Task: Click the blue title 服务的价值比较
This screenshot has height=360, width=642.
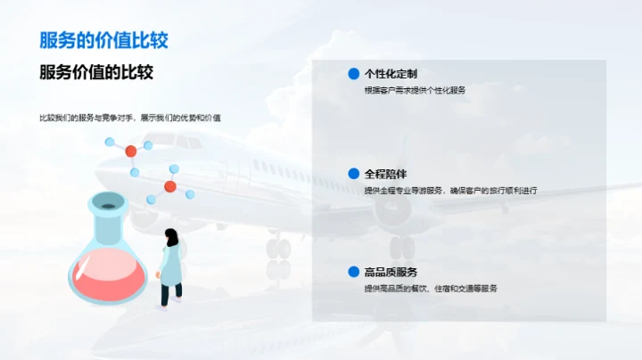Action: click(103, 40)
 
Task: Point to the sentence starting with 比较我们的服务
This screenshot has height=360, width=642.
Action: click(130, 119)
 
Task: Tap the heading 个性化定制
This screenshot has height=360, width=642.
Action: click(391, 74)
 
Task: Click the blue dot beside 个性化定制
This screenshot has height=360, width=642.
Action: click(353, 74)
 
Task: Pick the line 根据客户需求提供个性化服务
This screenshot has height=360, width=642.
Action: click(415, 90)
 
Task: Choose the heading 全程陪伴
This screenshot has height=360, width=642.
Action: click(385, 174)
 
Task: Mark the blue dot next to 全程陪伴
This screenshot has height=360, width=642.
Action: click(353, 174)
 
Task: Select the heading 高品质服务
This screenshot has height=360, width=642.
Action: click(391, 272)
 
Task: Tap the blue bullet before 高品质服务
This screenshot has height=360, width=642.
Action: click(353, 272)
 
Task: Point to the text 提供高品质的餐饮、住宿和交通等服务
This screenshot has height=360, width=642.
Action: click(430, 288)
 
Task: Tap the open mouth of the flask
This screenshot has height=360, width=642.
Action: click(108, 207)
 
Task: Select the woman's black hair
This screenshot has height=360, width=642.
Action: click(170, 237)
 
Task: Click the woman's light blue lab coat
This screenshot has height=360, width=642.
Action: click(171, 264)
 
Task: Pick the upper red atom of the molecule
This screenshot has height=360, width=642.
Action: click(131, 150)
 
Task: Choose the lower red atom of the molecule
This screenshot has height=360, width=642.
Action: click(169, 186)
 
